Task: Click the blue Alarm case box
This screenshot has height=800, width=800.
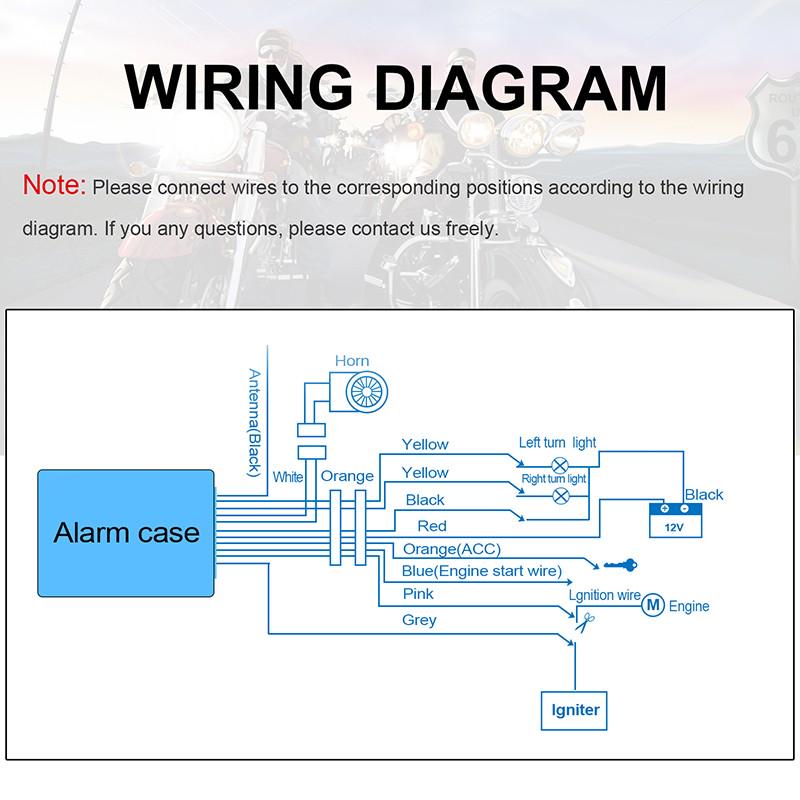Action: [x=126, y=532]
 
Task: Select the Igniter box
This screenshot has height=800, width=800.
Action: [x=575, y=710]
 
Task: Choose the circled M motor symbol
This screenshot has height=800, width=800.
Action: [x=652, y=605]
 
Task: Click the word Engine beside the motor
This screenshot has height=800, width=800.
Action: [x=689, y=606]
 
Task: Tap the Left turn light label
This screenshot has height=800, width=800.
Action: [x=557, y=443]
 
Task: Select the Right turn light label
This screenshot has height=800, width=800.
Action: [x=553, y=479]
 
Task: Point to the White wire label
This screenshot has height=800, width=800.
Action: [x=288, y=477]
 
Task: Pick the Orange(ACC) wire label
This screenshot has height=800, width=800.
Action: [x=452, y=549]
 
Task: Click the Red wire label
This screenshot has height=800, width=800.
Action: [x=432, y=526]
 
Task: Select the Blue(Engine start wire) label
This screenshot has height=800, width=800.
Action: [x=482, y=571]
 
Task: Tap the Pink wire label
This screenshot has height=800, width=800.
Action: [x=418, y=594]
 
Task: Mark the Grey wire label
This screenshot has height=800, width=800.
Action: [x=419, y=620]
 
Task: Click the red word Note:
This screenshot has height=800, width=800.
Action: [x=55, y=186]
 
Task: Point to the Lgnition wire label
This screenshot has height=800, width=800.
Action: [x=604, y=595]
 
